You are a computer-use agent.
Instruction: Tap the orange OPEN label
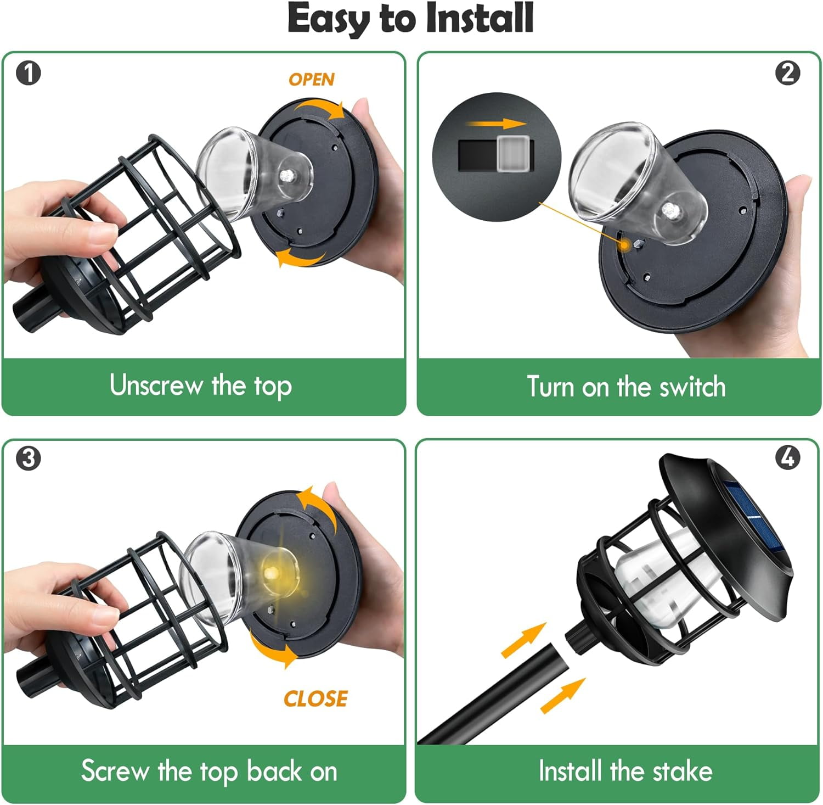(312, 80)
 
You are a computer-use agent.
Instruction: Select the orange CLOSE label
(315, 698)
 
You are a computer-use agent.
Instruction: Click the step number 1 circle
(29, 73)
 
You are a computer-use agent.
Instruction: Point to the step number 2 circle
(788, 73)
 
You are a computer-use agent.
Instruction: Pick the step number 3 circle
(29, 459)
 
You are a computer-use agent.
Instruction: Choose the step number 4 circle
(788, 457)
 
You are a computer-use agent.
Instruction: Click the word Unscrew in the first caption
(156, 385)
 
